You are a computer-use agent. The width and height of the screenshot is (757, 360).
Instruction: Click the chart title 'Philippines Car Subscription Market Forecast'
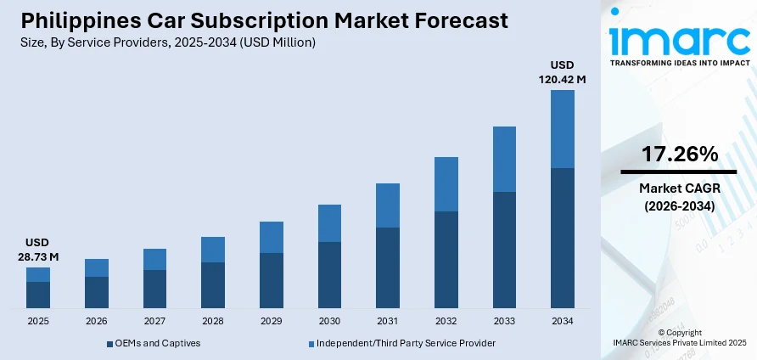(x=262, y=20)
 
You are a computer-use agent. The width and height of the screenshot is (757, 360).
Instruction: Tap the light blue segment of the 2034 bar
(x=563, y=129)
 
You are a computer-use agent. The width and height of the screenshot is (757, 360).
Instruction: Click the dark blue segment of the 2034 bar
(x=563, y=238)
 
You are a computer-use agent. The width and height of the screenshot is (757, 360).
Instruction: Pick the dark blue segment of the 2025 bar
(x=38, y=295)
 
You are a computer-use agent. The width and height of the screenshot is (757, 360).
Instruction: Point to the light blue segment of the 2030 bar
(x=329, y=223)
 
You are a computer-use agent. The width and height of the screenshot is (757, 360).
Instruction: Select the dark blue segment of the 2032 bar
(x=446, y=259)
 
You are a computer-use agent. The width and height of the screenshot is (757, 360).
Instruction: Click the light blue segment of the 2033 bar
(x=504, y=160)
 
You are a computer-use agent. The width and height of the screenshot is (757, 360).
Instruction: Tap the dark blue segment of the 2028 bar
(x=213, y=284)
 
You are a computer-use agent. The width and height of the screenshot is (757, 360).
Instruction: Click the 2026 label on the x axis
(x=97, y=322)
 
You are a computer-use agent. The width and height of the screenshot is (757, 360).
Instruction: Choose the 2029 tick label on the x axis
(x=272, y=322)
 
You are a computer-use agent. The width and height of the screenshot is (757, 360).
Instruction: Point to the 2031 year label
(x=388, y=322)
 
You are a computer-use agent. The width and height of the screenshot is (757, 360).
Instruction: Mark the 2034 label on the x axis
(x=563, y=322)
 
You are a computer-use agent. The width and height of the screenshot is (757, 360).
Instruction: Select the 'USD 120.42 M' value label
(x=563, y=72)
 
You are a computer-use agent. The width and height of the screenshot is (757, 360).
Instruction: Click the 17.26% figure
(x=679, y=154)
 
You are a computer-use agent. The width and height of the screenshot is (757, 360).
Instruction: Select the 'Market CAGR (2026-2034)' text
(x=679, y=197)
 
